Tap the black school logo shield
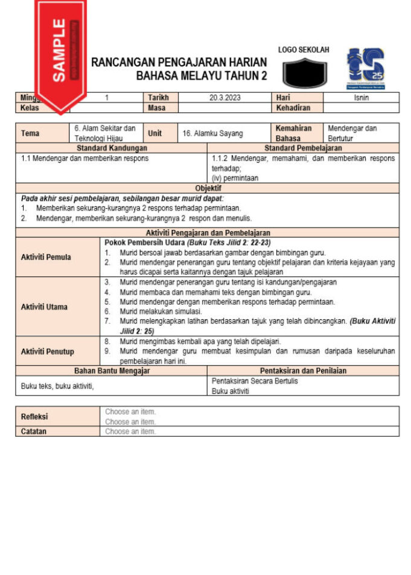click(304, 73)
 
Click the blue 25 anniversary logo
click(365, 68)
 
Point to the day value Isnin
click(361, 98)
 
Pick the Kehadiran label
click(293, 108)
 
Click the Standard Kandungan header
click(111, 148)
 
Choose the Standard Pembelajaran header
click(303, 148)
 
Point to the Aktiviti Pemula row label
click(46, 257)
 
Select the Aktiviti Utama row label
click(44, 307)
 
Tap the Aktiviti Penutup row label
click(47, 351)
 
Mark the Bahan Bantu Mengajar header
click(112, 371)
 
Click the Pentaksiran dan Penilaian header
click(303, 371)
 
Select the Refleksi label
click(34, 417)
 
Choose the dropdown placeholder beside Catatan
click(130, 431)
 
